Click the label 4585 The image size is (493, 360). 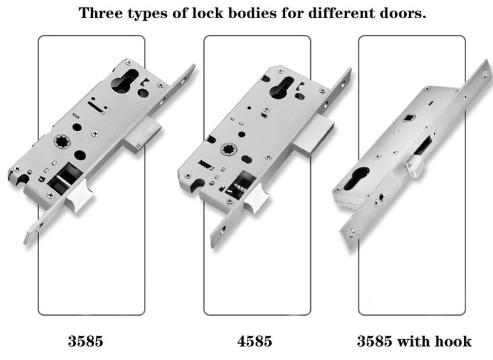coord(255,341)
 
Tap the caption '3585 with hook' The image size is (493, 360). coord(414,341)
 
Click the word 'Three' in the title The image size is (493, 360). coord(101,13)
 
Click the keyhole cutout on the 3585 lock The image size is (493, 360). coord(124,81)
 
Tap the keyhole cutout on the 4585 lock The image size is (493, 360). coord(282,87)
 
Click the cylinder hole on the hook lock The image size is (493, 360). coord(356,179)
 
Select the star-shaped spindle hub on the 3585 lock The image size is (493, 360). coord(62,141)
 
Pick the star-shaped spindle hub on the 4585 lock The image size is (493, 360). coord(229,149)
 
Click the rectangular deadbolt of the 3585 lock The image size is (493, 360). coord(143,135)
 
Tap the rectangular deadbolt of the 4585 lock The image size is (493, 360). coord(314,135)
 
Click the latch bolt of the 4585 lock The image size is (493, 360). coord(256,199)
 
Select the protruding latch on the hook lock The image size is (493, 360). coord(415,166)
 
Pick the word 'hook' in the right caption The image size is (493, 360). coord(453,341)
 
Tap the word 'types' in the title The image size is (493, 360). coord(147,14)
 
